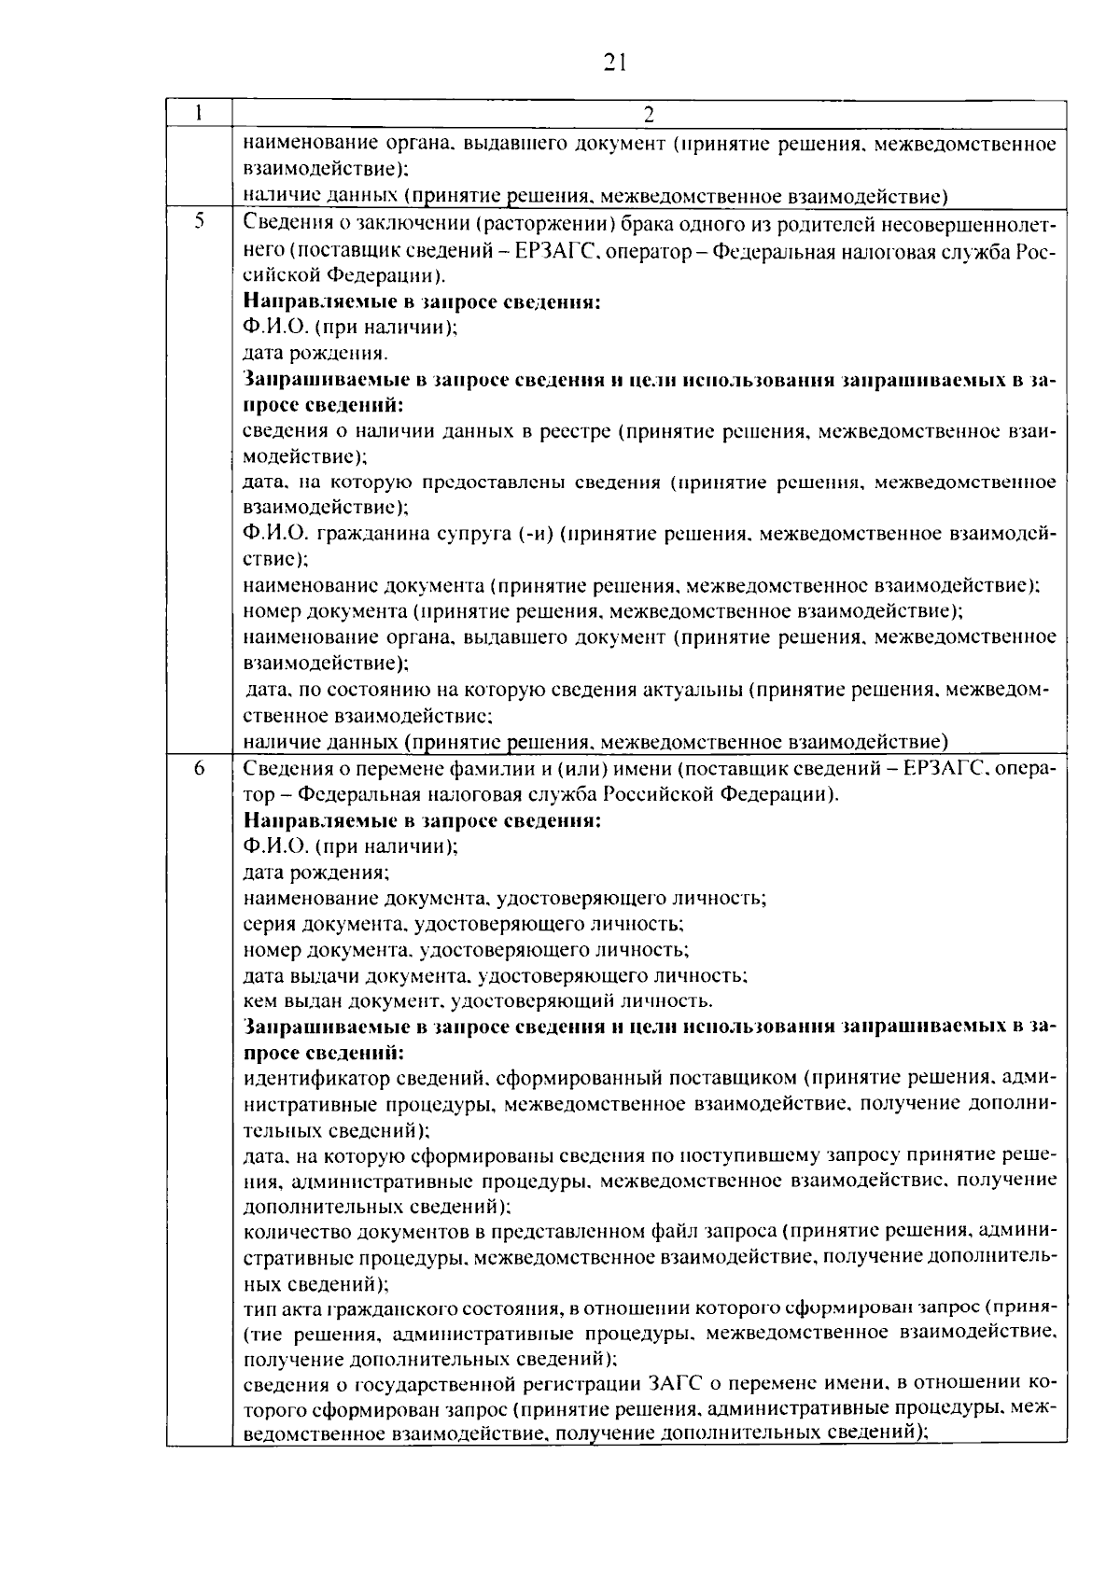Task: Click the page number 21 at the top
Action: tap(614, 63)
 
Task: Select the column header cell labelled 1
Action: tap(199, 113)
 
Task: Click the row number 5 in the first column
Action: tap(199, 222)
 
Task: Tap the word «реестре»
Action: tap(575, 431)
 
